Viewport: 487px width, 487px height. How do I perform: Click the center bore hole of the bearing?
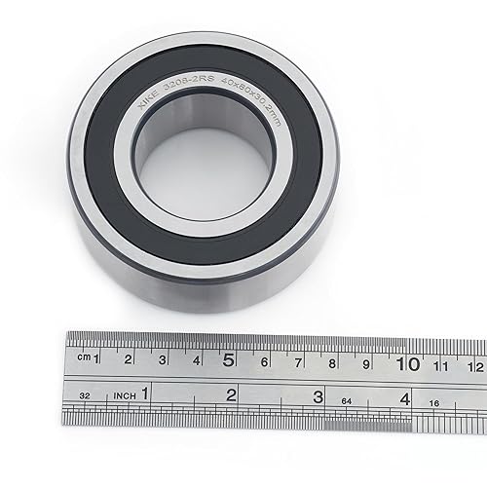tap(205, 149)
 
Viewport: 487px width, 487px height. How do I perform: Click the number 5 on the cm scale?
tap(229, 359)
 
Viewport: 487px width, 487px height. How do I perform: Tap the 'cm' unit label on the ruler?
tap(87, 358)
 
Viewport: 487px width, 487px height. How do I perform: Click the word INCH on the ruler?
tap(121, 395)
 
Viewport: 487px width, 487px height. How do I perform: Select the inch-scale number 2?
tap(231, 394)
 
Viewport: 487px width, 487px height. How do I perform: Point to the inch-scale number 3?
tap(318, 396)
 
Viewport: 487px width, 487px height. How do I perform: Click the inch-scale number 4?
tap(404, 397)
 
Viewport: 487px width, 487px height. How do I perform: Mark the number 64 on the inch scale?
tap(347, 399)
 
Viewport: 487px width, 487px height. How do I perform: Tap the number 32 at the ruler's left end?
tap(86, 395)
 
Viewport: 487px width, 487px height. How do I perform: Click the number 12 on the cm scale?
tap(474, 366)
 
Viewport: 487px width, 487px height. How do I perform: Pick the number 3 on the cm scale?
tap(163, 360)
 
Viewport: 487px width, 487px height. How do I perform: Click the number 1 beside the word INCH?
tap(144, 393)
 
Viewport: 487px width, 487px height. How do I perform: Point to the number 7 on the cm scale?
tap(298, 362)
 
